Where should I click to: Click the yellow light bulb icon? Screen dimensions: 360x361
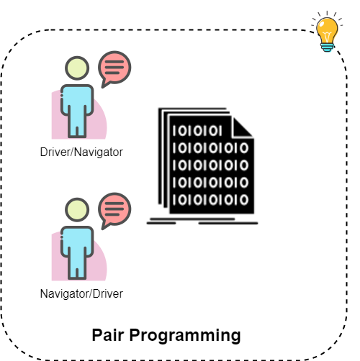(x=327, y=32)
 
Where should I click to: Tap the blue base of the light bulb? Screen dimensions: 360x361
(x=327, y=47)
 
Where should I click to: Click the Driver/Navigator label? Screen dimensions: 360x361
(x=81, y=152)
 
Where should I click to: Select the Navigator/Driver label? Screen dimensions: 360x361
(x=81, y=293)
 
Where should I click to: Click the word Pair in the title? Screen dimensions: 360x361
(x=108, y=335)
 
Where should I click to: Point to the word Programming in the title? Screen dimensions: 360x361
(x=185, y=336)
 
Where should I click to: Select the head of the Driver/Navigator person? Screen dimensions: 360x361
(x=77, y=68)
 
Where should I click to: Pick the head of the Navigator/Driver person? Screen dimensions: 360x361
(x=77, y=210)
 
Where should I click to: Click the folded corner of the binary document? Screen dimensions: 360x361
(x=242, y=127)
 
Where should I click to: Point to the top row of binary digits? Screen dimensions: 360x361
(x=197, y=131)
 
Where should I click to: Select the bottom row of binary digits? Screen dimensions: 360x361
(x=210, y=200)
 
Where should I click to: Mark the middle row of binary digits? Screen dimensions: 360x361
(x=210, y=165)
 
